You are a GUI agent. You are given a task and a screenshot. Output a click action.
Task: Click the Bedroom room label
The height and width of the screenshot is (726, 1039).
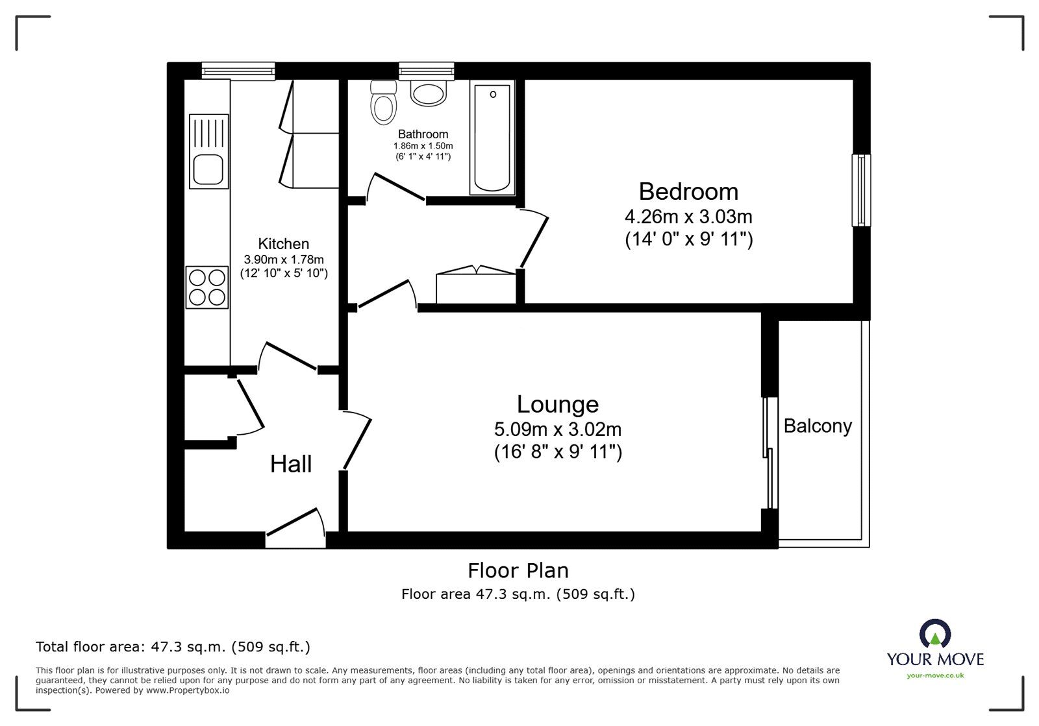[688, 192]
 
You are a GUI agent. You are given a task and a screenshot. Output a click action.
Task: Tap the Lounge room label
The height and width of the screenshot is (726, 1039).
[558, 404]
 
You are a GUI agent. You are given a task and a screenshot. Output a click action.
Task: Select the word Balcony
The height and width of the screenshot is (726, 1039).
[818, 426]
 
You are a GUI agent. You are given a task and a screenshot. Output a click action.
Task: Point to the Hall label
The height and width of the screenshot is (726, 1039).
[291, 464]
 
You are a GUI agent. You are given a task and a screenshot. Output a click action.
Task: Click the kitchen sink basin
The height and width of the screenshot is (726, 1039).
[208, 169]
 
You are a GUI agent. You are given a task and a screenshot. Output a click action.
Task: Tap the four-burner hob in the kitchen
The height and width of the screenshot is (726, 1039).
[207, 287]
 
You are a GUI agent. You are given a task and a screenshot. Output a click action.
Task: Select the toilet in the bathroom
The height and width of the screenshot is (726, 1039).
[384, 103]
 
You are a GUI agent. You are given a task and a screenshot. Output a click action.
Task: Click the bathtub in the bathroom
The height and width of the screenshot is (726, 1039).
[492, 138]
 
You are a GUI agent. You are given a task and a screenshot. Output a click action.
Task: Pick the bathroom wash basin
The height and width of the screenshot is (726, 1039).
[428, 93]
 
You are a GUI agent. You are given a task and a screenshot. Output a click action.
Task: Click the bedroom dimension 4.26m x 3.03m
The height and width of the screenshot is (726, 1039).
[688, 216]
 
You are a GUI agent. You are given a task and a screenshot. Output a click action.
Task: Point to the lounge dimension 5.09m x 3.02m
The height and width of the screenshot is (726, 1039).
[558, 430]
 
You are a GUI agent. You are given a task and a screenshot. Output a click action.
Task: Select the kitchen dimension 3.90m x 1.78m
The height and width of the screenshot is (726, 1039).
[283, 260]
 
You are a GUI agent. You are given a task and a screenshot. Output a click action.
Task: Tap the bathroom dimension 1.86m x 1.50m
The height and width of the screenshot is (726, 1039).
[423, 146]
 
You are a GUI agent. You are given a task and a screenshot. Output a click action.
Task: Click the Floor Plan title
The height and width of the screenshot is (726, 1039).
[518, 571]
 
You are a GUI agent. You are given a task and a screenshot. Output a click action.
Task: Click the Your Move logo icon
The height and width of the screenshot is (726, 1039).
[935, 633]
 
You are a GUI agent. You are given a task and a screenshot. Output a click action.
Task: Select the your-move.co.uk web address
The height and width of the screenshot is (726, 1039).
[935, 675]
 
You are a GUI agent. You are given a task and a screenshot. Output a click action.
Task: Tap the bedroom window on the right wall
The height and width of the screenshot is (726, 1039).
[861, 190]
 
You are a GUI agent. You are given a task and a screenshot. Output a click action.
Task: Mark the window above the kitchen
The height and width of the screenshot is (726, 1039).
[238, 71]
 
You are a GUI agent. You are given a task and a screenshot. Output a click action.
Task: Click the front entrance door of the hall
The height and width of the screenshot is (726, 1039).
[295, 529]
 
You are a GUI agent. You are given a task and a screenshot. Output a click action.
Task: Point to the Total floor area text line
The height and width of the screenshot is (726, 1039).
[173, 647]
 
